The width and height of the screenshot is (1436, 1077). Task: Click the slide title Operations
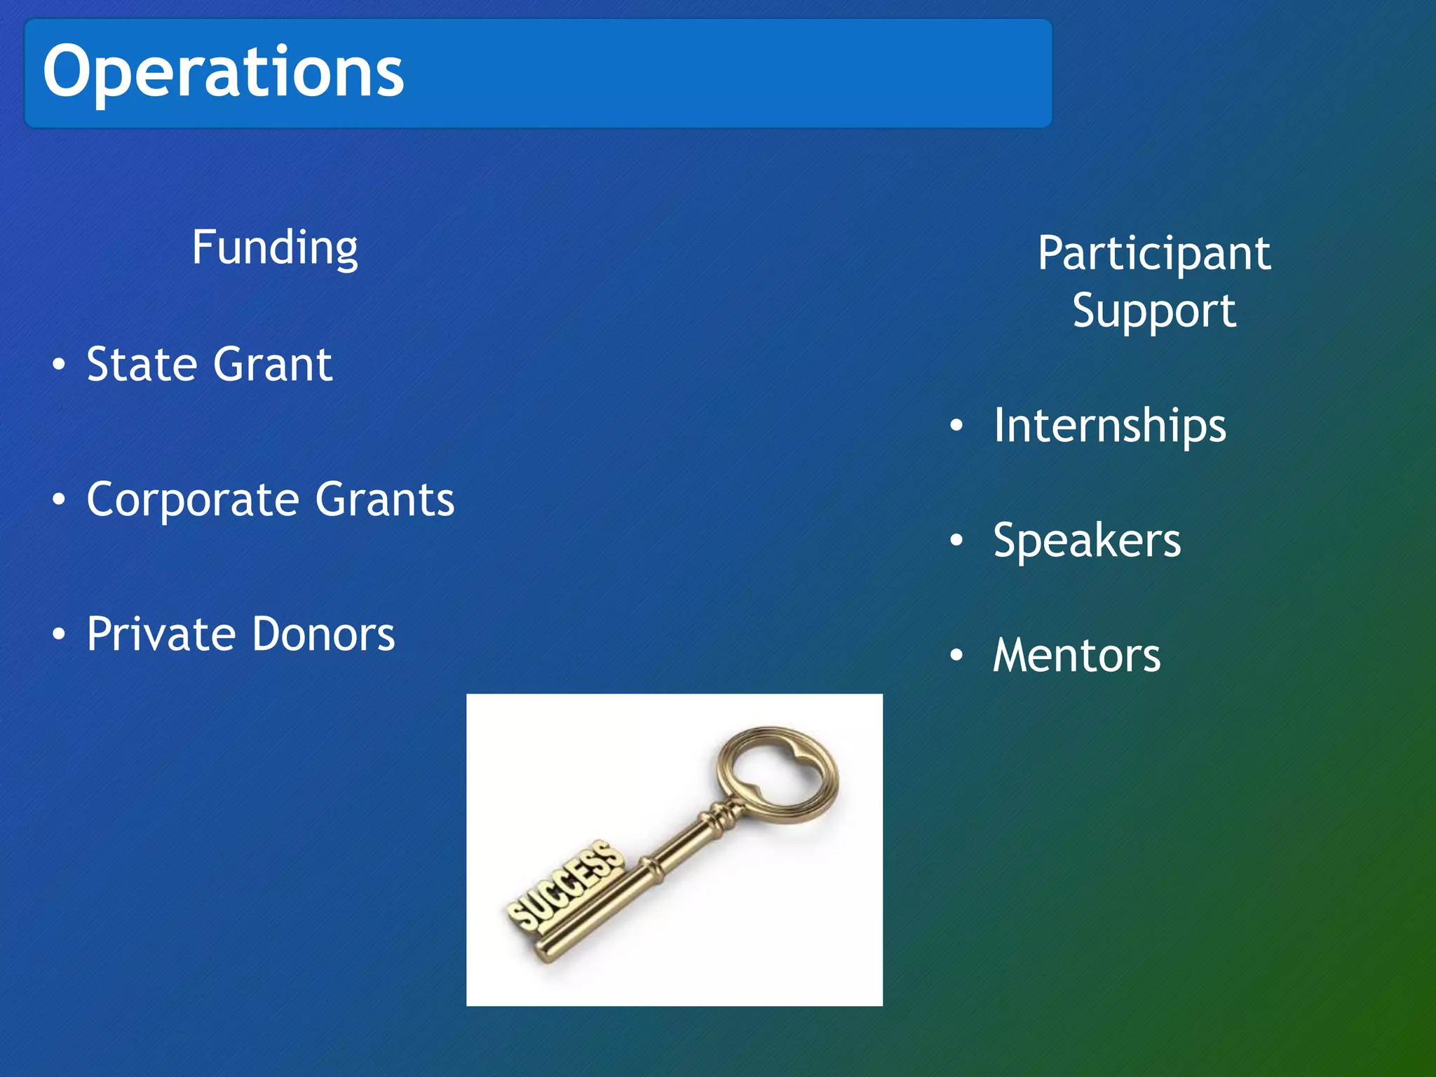[x=223, y=72]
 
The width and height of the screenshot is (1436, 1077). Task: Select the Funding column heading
[x=275, y=248]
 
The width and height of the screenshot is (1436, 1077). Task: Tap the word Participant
[x=1153, y=254]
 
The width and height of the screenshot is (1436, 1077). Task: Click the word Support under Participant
[x=1153, y=311]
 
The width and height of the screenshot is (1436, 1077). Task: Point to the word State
[x=143, y=365]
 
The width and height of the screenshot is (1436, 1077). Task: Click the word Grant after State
[x=273, y=365]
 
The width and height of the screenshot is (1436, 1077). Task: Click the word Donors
[x=323, y=635]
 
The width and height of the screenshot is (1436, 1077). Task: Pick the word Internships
[x=1109, y=426]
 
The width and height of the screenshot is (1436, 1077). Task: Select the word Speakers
[x=1087, y=541]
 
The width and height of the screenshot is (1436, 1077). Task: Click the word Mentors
[x=1076, y=656]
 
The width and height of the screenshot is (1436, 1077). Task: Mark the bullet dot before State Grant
[x=59, y=365]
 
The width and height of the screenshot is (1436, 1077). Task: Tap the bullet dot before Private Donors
[x=59, y=635]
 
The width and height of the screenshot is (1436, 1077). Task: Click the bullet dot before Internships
[x=956, y=426]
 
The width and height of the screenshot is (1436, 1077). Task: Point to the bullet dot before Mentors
[x=956, y=656]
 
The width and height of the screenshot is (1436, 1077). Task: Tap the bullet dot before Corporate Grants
[x=59, y=500]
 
